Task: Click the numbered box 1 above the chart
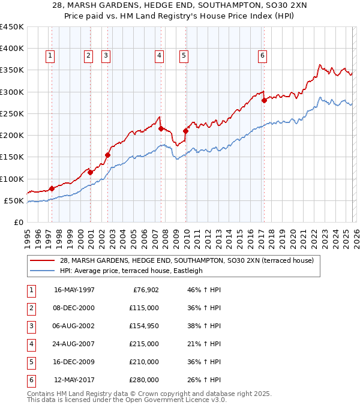click(49, 56)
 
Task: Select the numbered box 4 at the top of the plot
click(159, 56)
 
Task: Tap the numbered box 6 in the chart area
click(263, 56)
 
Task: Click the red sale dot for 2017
click(264, 101)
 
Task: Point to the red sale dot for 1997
click(52, 188)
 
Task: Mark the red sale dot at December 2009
click(185, 131)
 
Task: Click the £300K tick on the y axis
click(11, 92)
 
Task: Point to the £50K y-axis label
click(14, 200)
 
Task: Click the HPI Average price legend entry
click(131, 271)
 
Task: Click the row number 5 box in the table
click(30, 362)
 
